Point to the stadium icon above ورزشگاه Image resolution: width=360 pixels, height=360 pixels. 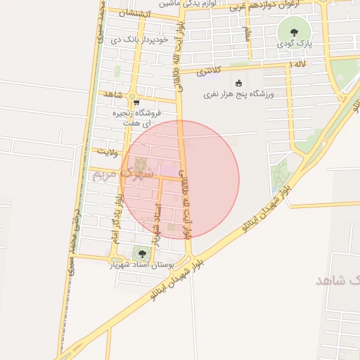239,82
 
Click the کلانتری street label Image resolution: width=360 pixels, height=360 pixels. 208,70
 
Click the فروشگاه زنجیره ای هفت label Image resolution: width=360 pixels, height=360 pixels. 139,117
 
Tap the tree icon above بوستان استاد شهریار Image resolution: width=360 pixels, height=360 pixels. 141,253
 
